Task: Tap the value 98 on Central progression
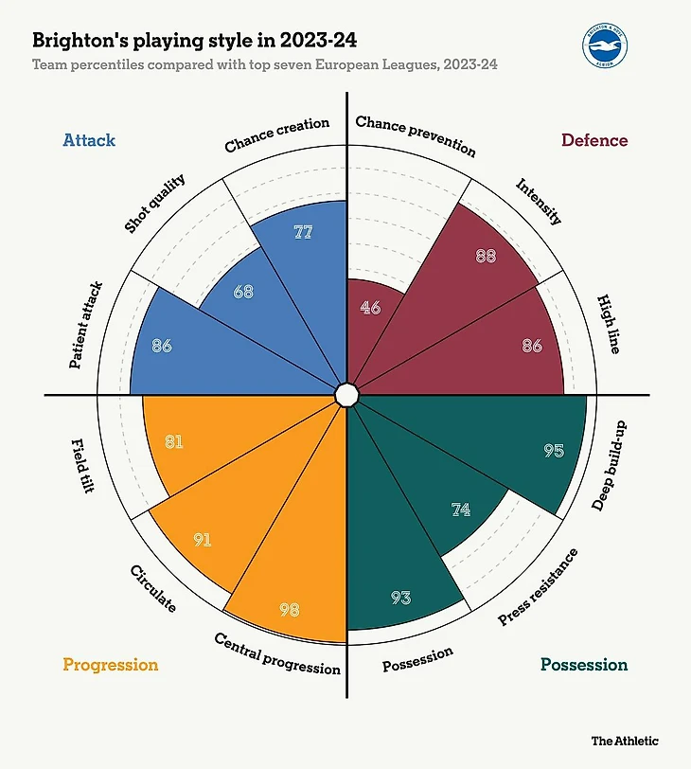290,610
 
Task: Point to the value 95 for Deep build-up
554,451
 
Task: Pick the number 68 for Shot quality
243,292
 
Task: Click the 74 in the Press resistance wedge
461,510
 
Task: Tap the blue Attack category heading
89,140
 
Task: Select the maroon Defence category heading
594,140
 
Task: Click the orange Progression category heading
111,665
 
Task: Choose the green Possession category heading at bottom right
584,665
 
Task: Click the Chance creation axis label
277,134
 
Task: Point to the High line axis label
610,324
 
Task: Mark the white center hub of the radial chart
346,394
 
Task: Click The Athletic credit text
625,741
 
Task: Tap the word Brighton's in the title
80,41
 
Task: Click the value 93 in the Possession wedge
400,598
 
